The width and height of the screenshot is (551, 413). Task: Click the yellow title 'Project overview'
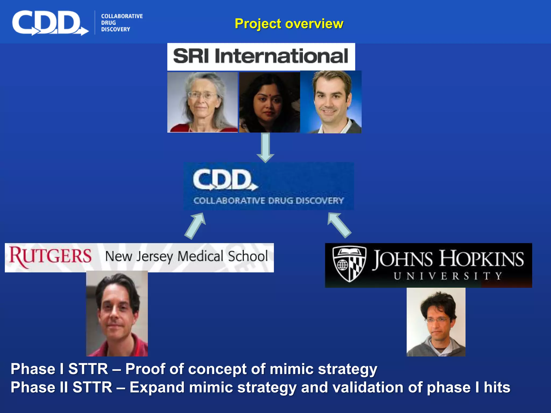tap(289, 24)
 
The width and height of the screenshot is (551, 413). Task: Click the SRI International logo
tap(261, 56)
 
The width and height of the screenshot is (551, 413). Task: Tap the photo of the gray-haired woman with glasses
tap(202, 102)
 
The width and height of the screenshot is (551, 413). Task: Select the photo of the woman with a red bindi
tap(269, 102)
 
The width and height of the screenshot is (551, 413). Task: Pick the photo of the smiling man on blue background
tap(331, 102)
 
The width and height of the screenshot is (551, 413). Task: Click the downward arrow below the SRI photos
tap(265, 148)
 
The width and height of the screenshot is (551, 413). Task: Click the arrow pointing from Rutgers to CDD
tap(196, 226)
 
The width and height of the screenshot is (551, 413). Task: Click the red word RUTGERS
tap(51, 256)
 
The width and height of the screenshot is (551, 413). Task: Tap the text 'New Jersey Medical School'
tap(186, 256)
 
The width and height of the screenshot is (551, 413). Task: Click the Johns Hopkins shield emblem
tap(349, 264)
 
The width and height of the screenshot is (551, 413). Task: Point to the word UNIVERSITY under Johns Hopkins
tap(448, 276)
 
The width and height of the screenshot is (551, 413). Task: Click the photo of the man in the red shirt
tap(117, 314)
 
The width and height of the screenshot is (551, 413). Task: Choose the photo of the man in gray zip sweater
tap(436, 322)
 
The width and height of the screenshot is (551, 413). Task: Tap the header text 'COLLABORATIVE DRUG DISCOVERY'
tap(122, 23)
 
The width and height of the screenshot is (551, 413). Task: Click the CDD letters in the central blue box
tap(223, 180)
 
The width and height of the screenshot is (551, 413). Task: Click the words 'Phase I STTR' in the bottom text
tap(59, 369)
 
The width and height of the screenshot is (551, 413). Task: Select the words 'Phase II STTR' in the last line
tap(61, 387)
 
